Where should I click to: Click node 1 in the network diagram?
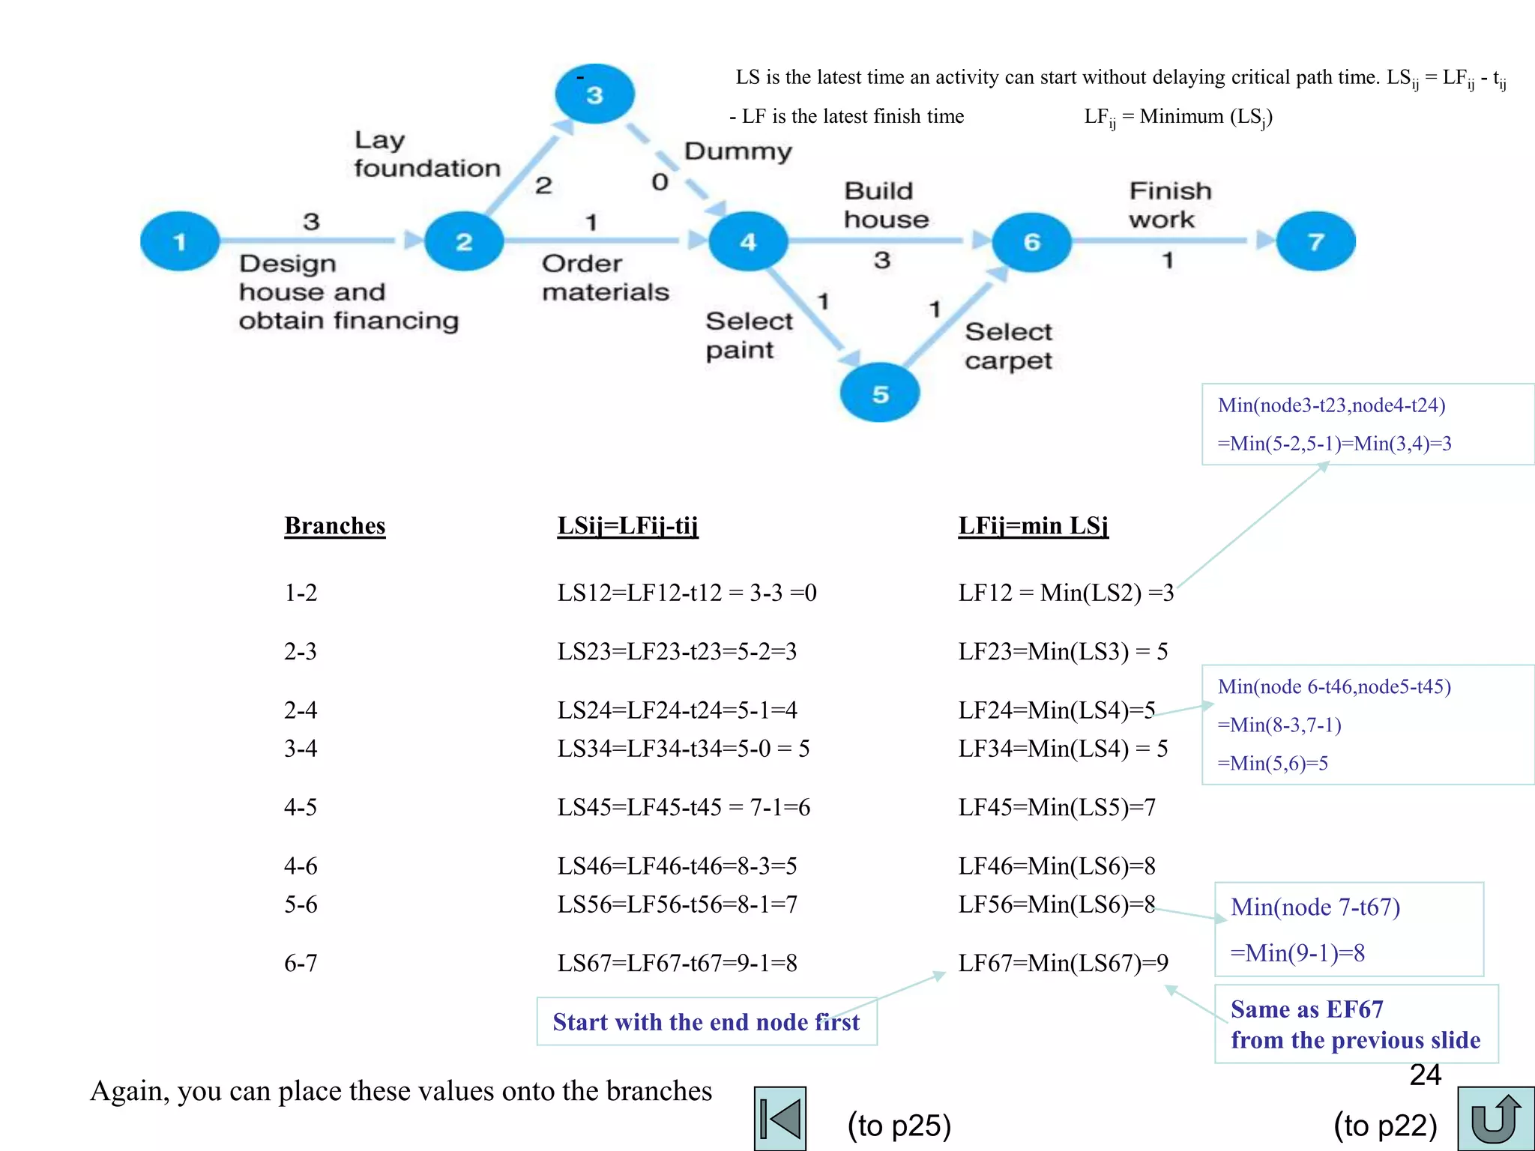(180, 241)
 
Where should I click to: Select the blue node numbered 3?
(594, 94)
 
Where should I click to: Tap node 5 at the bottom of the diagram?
(880, 393)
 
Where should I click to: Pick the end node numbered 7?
(1315, 241)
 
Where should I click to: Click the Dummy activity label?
(738, 151)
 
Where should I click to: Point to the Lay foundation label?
(426, 154)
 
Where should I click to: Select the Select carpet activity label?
(1008, 345)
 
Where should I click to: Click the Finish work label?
(1169, 205)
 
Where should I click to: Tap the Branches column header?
(334, 526)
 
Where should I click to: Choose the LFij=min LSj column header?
(1033, 526)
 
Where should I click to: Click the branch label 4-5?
(301, 807)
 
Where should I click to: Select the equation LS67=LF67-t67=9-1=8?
(677, 963)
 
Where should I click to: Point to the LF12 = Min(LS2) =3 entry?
(1066, 593)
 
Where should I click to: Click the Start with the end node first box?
(706, 1021)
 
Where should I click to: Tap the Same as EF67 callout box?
(1355, 1024)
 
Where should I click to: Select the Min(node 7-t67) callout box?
(1348, 929)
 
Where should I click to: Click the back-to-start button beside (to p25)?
(780, 1119)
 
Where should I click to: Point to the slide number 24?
(1425, 1075)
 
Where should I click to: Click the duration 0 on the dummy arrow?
(660, 182)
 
